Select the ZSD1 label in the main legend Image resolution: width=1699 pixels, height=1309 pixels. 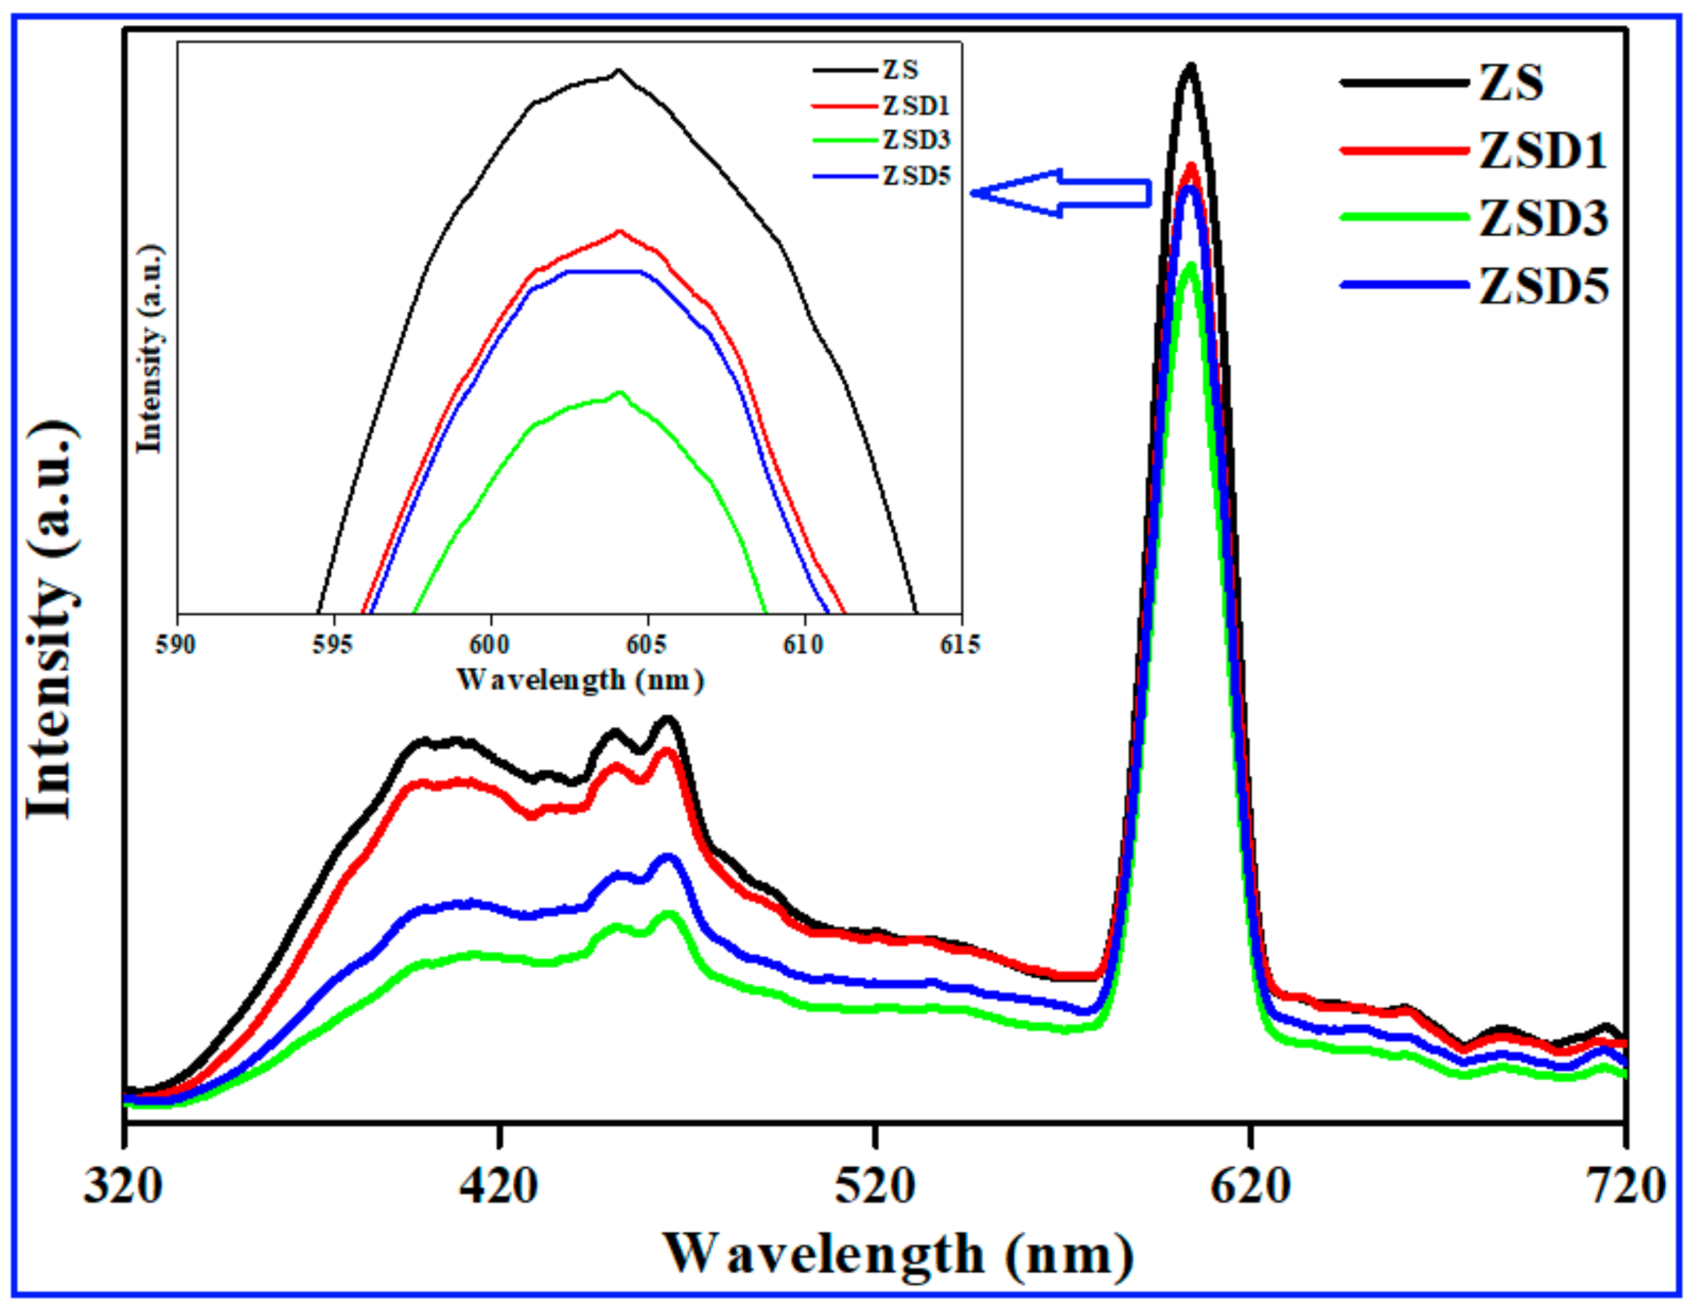(x=1543, y=150)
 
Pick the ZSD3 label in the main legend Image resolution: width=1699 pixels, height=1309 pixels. (x=1543, y=219)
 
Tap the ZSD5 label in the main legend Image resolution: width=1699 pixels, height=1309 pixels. (x=1543, y=286)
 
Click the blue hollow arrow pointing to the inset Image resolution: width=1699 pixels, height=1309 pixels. (x=1061, y=192)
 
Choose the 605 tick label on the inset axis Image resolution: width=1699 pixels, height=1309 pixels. (x=647, y=645)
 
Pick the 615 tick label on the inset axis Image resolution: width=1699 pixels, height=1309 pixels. (x=960, y=645)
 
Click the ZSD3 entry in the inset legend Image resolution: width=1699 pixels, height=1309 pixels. (x=916, y=140)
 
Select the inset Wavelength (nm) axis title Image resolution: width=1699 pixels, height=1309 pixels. (x=580, y=680)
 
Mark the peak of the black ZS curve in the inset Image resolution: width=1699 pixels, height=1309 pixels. (x=619, y=71)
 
